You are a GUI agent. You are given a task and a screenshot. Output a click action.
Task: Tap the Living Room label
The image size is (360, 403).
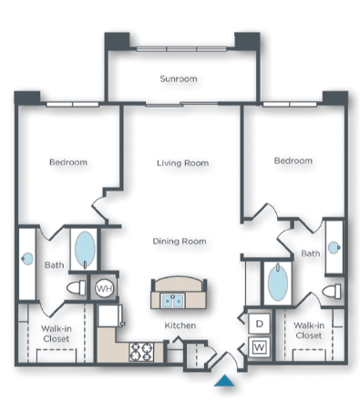coord(182,163)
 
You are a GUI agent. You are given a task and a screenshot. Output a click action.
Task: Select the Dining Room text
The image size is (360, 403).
coord(180,242)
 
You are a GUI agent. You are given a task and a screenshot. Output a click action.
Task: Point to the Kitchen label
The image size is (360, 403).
coord(180,325)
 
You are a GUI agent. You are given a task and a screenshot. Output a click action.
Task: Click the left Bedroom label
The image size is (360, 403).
coord(68,162)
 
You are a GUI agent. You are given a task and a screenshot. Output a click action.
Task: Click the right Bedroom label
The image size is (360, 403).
coord(293,160)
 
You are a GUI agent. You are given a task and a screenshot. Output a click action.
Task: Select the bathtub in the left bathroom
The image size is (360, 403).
coord(84,248)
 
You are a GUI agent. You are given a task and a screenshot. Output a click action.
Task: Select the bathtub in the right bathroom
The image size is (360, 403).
coord(276,284)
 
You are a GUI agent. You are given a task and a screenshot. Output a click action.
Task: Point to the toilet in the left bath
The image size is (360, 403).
coord(76,289)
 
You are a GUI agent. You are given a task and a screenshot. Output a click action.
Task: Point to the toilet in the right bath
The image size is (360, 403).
coord(331,292)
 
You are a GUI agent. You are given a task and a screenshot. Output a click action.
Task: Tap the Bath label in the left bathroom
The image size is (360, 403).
coord(53,265)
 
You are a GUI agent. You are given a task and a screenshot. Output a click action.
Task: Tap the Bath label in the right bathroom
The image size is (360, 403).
coord(311,253)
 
